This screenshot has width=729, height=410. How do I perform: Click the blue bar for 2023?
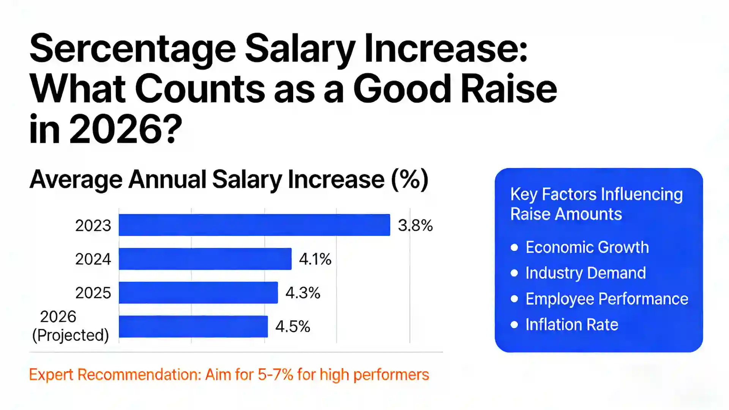[254, 225]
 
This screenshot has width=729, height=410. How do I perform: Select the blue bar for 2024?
[205, 259]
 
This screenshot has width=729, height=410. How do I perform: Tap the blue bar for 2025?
[198, 293]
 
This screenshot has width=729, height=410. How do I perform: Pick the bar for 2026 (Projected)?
[193, 326]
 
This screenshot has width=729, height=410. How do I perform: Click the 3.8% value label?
[415, 225]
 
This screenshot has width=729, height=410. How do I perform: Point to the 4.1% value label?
[315, 259]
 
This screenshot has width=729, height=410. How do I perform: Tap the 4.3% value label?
[303, 293]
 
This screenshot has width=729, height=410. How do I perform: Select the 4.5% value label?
[292, 326]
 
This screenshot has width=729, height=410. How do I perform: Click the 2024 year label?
[93, 259]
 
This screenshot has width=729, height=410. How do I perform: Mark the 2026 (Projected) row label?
[71, 326]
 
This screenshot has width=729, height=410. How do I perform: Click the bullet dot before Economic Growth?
[514, 248]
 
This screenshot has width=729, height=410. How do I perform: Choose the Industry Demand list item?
[585, 273]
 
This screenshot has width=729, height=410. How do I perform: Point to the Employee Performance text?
[606, 299]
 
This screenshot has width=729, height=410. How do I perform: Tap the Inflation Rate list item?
[571, 325]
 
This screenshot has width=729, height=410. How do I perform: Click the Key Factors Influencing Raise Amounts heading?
[596, 204]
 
